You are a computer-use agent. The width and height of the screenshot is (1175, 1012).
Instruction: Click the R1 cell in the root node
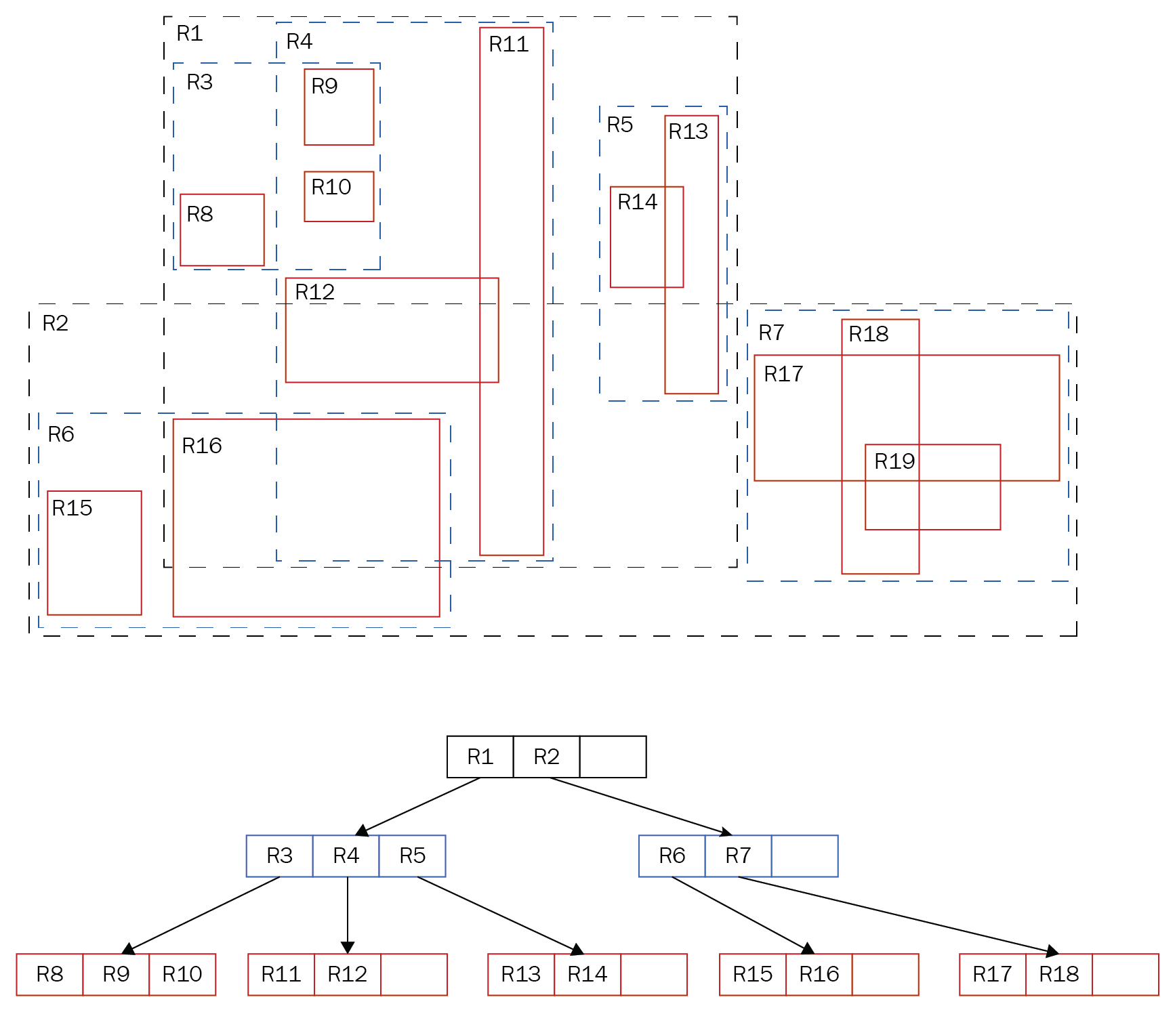(x=480, y=757)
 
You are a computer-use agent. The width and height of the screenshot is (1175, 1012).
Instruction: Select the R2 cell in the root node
(x=546, y=757)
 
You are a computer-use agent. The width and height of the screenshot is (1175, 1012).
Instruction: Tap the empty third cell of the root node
(x=613, y=757)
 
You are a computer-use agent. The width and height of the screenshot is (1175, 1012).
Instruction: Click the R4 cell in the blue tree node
(x=346, y=856)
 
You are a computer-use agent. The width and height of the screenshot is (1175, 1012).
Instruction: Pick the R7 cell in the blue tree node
(x=738, y=856)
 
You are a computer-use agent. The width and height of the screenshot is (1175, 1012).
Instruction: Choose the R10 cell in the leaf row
(x=182, y=974)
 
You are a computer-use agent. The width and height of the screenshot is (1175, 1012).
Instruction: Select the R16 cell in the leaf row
(x=819, y=974)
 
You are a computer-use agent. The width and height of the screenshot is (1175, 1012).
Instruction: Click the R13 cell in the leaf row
(x=520, y=974)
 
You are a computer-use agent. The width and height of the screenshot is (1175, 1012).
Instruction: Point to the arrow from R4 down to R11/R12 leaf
(x=348, y=914)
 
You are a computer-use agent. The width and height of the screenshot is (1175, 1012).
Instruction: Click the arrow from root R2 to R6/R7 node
(x=640, y=806)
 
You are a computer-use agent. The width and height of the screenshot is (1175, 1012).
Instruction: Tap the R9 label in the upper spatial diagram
(x=325, y=86)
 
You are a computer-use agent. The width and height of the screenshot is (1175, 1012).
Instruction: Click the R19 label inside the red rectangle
(x=894, y=461)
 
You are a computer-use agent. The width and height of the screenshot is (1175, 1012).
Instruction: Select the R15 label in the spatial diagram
(x=72, y=508)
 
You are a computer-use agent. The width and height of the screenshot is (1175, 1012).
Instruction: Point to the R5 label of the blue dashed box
(x=619, y=125)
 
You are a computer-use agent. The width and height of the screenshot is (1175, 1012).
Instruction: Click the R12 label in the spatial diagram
(x=314, y=292)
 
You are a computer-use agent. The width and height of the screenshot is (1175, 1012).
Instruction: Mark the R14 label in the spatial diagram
(x=637, y=202)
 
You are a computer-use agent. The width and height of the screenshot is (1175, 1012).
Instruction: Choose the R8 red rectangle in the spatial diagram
(x=222, y=240)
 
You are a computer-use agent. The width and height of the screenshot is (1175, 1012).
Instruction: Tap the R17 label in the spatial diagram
(x=783, y=374)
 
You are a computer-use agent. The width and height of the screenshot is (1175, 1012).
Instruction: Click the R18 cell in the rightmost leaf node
(x=1058, y=974)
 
